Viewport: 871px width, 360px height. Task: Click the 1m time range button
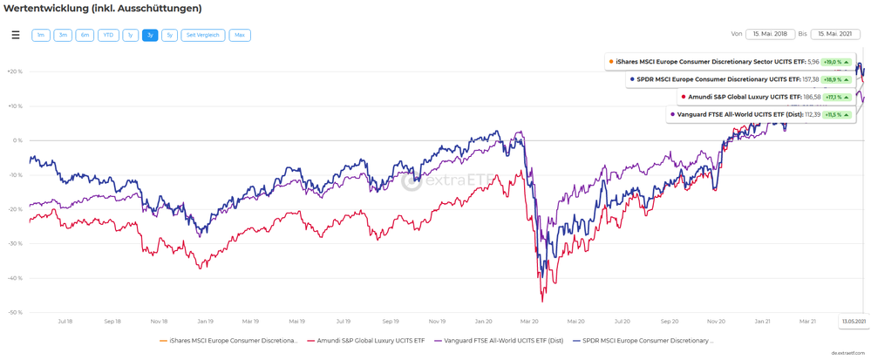coord(41,35)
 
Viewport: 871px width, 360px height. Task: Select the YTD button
coord(108,35)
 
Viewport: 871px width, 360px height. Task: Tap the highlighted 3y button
coord(150,35)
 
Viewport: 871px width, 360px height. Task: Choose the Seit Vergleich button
coord(203,35)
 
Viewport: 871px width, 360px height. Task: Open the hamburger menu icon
coord(15,35)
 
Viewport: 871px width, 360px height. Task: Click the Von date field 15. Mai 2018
coord(770,34)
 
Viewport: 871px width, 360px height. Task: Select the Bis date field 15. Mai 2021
coord(835,34)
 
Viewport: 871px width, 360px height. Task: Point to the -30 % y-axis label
coord(14,243)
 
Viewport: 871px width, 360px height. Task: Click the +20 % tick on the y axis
coord(14,71)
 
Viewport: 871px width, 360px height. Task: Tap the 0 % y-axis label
coord(17,140)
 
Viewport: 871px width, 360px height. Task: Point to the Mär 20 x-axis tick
coord(528,321)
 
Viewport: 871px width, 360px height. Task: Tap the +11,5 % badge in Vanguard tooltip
coord(837,114)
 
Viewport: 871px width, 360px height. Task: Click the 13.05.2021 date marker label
coord(853,321)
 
